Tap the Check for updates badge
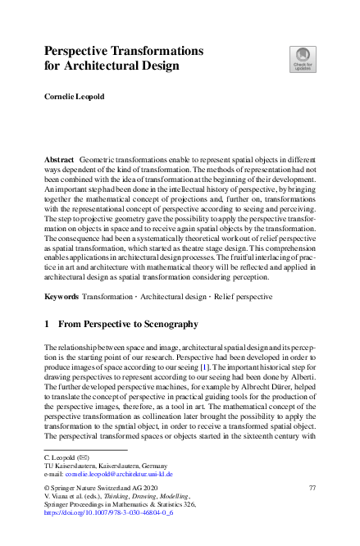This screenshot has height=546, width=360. point(302,58)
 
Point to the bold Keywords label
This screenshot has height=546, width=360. point(63,293)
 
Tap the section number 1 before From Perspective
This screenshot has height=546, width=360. point(47,325)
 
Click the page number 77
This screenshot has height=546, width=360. point(312,489)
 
